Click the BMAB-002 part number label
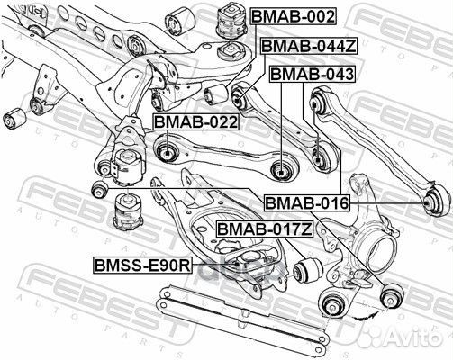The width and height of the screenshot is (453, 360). [x=293, y=16]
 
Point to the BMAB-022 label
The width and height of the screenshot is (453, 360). [x=195, y=121]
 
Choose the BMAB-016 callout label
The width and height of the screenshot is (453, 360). [x=306, y=204]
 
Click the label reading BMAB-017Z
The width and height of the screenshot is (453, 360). [x=264, y=229]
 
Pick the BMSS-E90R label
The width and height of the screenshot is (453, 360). [x=142, y=265]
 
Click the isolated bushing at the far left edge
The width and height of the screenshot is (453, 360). [x=14, y=116]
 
